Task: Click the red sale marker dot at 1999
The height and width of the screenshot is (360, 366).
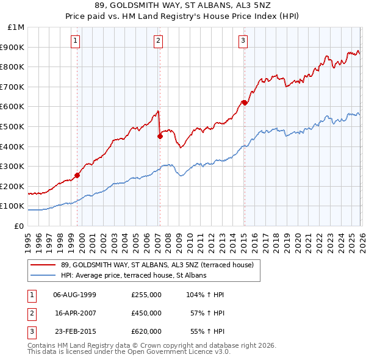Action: click(77, 175)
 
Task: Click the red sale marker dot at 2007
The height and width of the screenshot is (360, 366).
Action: click(160, 136)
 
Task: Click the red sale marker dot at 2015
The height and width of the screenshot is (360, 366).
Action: click(244, 103)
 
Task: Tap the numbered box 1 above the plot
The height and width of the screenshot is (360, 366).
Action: click(75, 41)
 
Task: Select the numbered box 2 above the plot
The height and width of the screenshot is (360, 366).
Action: click(158, 41)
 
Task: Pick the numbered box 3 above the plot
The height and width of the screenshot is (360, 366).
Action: click(243, 41)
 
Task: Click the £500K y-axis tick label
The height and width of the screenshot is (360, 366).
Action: click(13, 126)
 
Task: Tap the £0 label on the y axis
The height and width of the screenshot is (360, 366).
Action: click(18, 226)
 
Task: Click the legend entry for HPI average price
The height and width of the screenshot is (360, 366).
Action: click(134, 275)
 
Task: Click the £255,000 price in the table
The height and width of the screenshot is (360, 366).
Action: click(146, 294)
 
